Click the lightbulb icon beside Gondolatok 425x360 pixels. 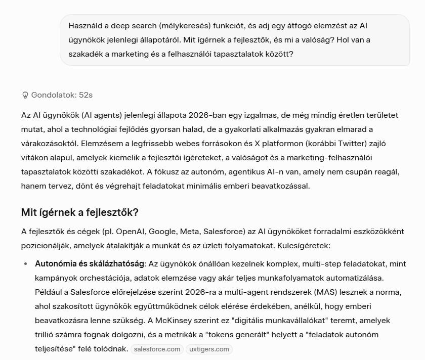coord(25,95)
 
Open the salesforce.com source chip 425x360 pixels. coord(157,349)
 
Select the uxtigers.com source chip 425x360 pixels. coord(208,349)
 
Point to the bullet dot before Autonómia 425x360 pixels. coord(25,264)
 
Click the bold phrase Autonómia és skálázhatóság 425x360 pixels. coord(89,264)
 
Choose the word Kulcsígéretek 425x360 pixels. coord(304,246)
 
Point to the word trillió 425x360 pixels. coord(48,335)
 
